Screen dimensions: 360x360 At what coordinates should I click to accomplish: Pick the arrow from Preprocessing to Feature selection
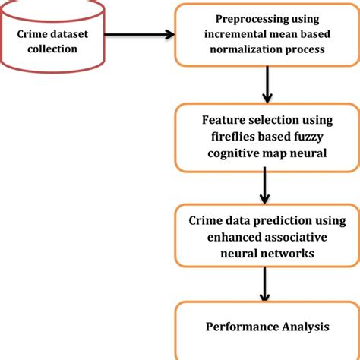coord(267,85)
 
